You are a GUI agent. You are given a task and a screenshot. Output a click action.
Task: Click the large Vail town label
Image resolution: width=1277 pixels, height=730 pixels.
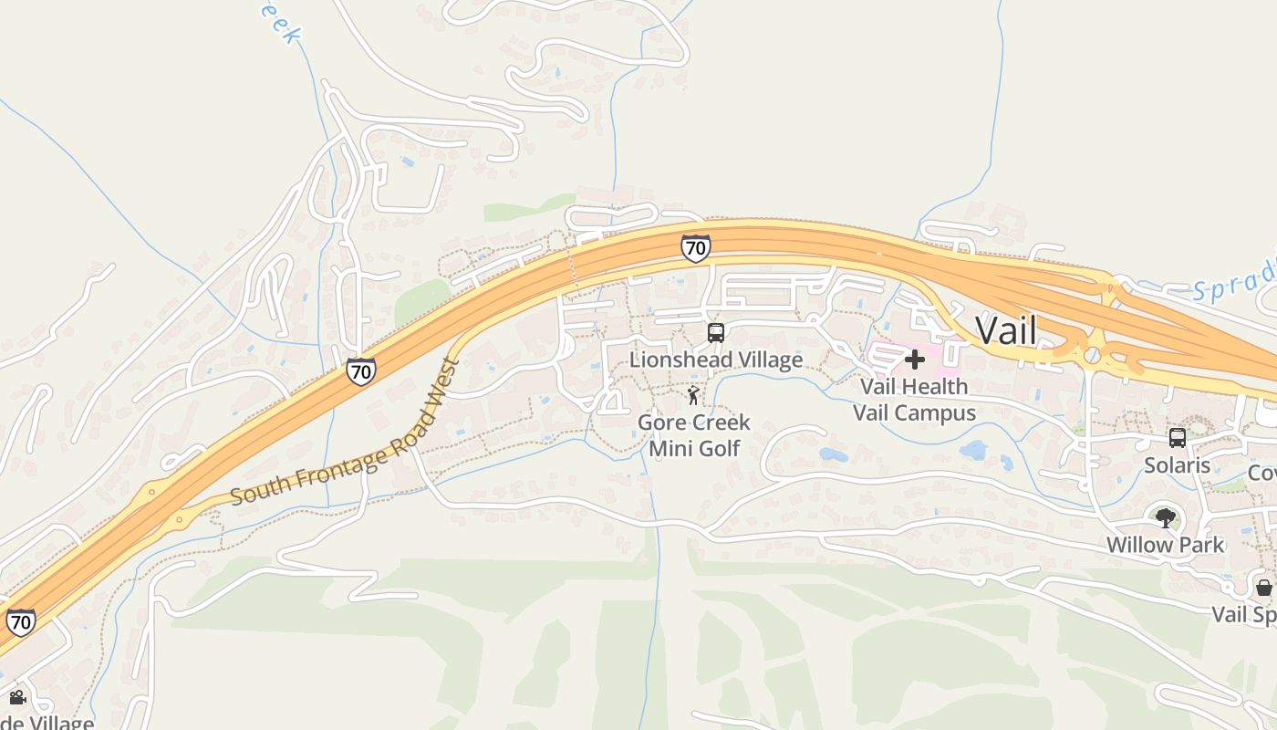(x=1005, y=330)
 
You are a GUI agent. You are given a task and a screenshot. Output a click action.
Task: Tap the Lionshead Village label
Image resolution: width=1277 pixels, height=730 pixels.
(x=716, y=360)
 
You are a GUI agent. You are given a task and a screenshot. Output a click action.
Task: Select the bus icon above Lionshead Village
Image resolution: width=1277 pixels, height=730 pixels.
(x=716, y=333)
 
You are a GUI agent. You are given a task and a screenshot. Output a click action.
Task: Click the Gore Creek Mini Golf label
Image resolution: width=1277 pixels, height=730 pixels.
(x=694, y=435)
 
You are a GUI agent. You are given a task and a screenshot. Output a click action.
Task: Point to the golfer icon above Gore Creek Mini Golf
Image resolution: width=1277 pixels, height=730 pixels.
(x=693, y=396)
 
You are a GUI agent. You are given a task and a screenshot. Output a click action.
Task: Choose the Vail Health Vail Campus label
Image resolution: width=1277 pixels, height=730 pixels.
(x=914, y=400)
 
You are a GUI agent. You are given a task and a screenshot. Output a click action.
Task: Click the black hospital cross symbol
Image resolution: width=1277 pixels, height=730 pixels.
(x=914, y=360)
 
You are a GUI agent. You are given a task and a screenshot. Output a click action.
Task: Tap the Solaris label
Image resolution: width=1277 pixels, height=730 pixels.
(x=1178, y=465)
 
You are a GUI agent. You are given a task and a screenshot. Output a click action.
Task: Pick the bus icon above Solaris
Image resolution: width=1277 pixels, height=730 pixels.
(x=1178, y=438)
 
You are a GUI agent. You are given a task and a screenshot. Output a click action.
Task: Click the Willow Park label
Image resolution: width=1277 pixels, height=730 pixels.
(x=1165, y=545)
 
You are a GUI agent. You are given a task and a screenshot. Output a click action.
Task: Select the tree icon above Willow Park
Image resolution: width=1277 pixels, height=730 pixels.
(x=1165, y=518)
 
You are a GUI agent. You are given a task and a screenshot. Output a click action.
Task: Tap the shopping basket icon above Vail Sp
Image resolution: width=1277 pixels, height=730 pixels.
(x=1264, y=587)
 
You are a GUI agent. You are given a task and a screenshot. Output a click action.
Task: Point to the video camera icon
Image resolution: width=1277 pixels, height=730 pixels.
(x=17, y=698)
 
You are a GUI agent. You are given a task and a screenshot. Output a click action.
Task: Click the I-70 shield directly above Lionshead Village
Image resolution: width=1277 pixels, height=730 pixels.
(x=695, y=248)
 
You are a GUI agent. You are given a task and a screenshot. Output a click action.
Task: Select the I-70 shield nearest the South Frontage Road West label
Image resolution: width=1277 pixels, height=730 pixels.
(x=360, y=371)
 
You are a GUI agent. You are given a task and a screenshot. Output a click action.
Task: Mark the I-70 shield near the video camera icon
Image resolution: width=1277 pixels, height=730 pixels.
(x=20, y=622)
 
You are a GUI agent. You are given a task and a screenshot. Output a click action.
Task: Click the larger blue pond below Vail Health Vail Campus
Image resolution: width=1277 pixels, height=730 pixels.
(x=974, y=450)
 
